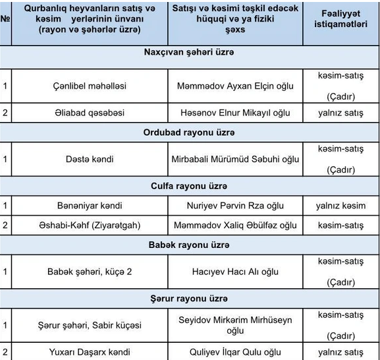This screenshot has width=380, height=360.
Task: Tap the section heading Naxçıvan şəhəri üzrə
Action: click(190, 52)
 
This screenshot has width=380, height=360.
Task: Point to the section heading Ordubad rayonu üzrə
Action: click(190, 132)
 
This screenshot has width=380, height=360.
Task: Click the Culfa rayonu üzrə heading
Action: click(190, 186)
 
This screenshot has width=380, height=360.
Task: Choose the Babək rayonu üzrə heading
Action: click(190, 245)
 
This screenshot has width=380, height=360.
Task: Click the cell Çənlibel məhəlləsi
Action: click(90, 86)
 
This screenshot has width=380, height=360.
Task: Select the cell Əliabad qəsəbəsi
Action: click(90, 113)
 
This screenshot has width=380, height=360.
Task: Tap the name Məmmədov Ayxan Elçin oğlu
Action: click(236, 86)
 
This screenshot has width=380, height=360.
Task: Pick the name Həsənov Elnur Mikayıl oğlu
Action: click(236, 113)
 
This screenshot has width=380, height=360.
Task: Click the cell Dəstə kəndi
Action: click(90, 159)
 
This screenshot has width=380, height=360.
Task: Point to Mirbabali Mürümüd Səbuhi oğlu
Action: click(236, 159)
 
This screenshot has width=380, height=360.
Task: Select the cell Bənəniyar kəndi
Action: click(90, 206)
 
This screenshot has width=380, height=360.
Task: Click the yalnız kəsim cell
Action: click(340, 206)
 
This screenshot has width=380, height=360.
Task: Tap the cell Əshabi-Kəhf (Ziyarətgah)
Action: click(90, 225)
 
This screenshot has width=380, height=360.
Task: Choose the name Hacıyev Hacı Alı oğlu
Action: click(236, 272)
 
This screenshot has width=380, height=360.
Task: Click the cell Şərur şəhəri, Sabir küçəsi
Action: click(90, 325)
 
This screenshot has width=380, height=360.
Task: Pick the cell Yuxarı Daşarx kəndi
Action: click(90, 352)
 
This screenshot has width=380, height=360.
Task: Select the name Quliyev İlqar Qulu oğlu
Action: click(236, 352)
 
